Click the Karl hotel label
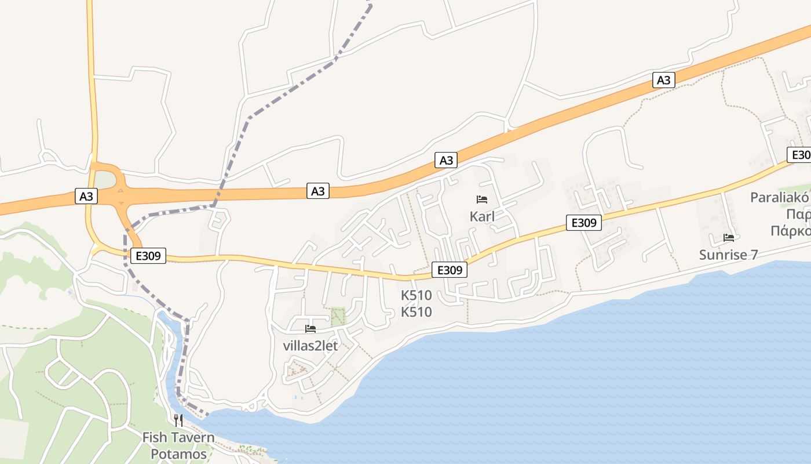pos(482,216)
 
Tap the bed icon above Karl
pos(482,200)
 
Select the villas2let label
pos(310,346)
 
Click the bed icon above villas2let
pos(310,329)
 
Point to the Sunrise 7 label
pos(728,255)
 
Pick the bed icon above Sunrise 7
pos(729,238)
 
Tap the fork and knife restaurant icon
pos(178,420)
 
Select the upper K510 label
pos(417,295)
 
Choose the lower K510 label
pos(417,312)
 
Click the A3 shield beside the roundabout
pos(86,197)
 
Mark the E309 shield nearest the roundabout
pos(148,255)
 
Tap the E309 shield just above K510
pos(449,270)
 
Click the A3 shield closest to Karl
pos(446,160)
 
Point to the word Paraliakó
pos(779,197)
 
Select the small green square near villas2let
pos(337,316)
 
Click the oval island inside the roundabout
pos(105,180)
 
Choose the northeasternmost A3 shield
pos(664,80)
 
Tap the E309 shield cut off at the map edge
pos(800,155)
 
